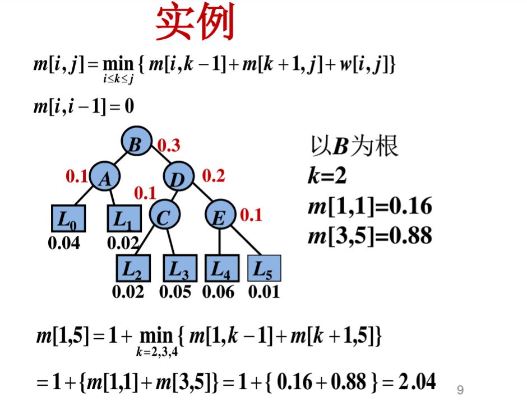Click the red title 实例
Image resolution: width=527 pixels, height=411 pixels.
pos(194,24)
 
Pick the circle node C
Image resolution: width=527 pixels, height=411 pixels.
pos(163,217)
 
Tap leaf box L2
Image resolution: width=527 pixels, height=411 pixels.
pos(132,269)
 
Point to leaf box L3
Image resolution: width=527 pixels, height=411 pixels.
pos(179,269)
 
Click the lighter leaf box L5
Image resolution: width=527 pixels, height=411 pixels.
pos(264,269)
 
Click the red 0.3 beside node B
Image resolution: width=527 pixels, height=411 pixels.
pos(169,146)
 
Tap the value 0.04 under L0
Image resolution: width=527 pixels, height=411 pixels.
pos(64,243)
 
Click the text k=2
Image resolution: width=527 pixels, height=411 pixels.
pos(327,176)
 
